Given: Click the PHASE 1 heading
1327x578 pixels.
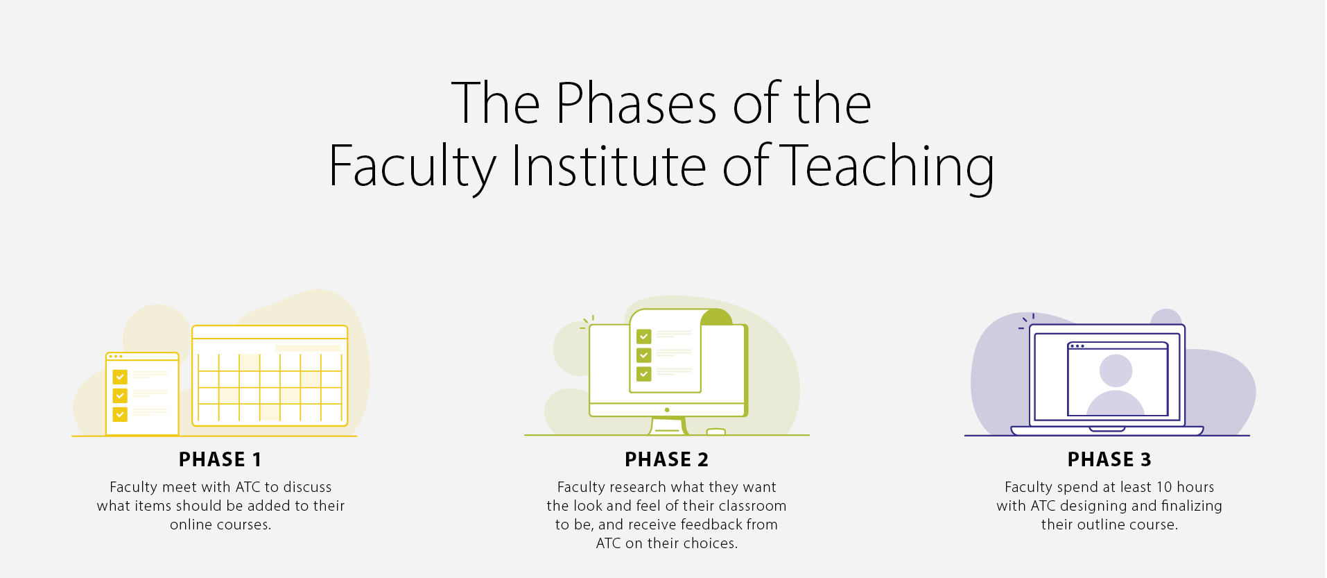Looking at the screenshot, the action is tap(220, 459).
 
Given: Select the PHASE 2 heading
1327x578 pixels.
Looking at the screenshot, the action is tap(666, 459).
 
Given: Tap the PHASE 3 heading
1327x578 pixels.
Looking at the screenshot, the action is tap(1109, 459).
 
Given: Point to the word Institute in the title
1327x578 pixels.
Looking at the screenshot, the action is tap(609, 166).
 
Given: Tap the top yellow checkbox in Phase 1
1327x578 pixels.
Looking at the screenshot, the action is tap(120, 377).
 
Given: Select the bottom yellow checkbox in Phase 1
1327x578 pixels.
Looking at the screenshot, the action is tap(120, 414).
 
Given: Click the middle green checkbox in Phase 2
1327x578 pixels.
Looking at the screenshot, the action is tap(644, 355).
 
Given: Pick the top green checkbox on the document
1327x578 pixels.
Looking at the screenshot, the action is tap(644, 337).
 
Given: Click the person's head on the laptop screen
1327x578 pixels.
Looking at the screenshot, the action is tap(1116, 371).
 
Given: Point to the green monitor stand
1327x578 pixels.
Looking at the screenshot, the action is tap(667, 425).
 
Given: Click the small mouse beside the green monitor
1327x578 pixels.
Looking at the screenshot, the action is tap(715, 432).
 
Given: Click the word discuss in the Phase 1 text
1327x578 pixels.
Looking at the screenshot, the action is tap(307, 487).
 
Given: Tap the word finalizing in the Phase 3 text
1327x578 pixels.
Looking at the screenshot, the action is tap(1192, 506).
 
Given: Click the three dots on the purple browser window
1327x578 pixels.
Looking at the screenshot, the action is tap(1077, 346).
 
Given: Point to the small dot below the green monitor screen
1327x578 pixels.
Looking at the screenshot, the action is tap(667, 410).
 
